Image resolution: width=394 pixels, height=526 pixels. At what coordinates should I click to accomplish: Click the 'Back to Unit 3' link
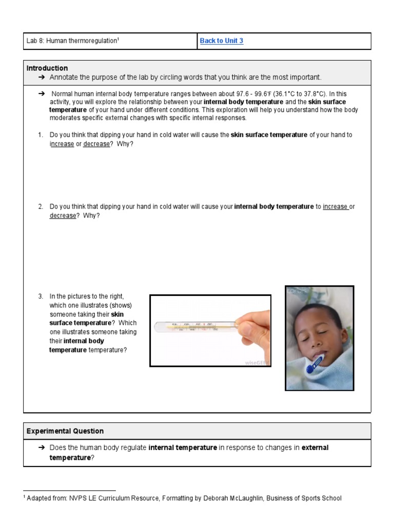pos(222,41)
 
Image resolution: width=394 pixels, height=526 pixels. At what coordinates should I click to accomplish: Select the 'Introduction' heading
pos(47,68)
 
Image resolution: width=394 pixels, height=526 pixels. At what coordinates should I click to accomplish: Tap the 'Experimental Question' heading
pos(65,431)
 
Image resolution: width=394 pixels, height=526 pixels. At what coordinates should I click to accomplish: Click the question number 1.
pos(40,135)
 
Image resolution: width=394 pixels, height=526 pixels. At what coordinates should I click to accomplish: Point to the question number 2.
pos(40,206)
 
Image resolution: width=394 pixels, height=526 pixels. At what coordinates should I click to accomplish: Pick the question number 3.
pos(40,296)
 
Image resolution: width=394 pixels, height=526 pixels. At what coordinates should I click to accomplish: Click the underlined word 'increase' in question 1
pos(62,144)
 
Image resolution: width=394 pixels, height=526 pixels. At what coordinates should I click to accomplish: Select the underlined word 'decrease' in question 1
pos(96,144)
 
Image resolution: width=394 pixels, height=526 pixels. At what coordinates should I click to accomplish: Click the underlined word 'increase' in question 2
pos(336,206)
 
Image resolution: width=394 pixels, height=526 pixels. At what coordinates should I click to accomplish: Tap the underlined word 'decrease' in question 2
pos(63,216)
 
